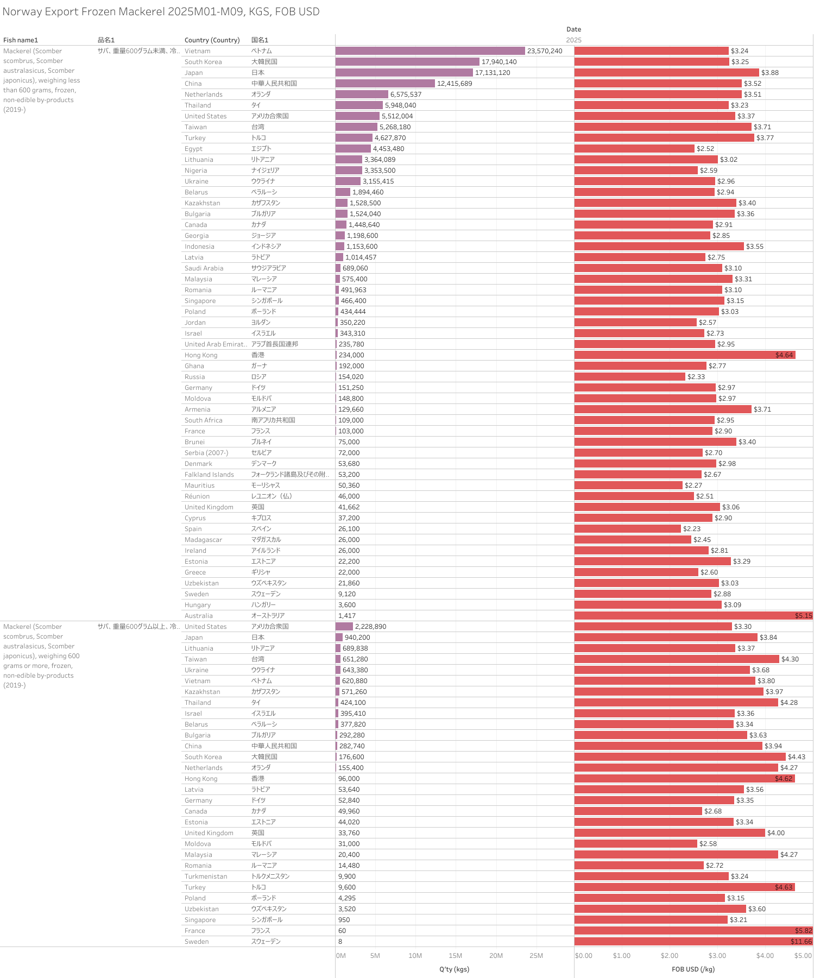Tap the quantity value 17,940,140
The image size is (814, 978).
(499, 62)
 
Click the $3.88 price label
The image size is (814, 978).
(769, 73)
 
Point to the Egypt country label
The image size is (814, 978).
(193, 149)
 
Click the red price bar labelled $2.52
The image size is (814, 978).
(634, 149)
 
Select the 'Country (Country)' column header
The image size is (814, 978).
(212, 40)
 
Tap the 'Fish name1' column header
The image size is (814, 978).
(21, 40)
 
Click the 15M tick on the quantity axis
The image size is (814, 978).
(455, 956)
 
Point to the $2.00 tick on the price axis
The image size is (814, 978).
(669, 956)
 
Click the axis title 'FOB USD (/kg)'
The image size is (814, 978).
(693, 969)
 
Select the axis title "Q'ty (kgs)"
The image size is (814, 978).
(454, 969)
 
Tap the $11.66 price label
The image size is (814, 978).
(801, 942)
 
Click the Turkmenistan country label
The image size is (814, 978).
(206, 876)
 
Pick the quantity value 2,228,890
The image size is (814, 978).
(370, 627)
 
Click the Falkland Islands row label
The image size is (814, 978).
(209, 475)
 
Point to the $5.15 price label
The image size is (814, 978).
(803, 616)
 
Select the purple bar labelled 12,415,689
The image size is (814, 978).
(385, 84)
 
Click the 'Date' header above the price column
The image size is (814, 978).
(573, 29)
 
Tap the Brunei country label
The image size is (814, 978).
(194, 442)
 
